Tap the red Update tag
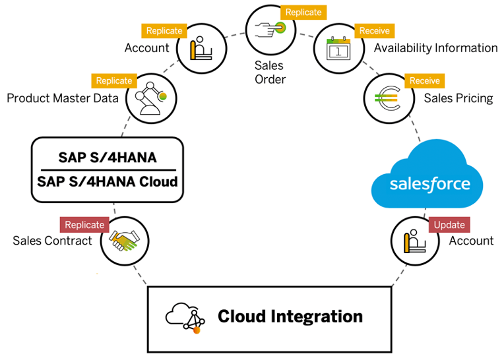[450, 224]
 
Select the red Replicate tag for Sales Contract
[84, 225]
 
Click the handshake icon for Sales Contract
[125, 241]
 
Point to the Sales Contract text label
[53, 241]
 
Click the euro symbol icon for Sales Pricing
[388, 98]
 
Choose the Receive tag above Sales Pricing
[424, 81]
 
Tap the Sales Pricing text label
[458, 98]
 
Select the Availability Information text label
[435, 47]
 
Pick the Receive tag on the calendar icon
[374, 30]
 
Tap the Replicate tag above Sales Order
[303, 12]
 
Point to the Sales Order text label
[269, 73]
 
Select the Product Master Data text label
[63, 98]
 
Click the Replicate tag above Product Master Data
[114, 81]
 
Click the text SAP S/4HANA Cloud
[108, 181]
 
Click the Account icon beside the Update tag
[415, 241]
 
